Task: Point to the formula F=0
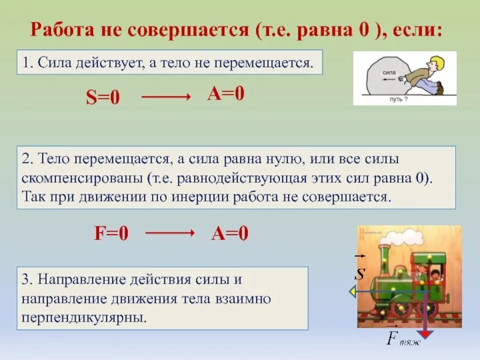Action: (111, 234)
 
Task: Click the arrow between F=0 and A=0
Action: (170, 233)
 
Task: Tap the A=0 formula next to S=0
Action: (226, 94)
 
